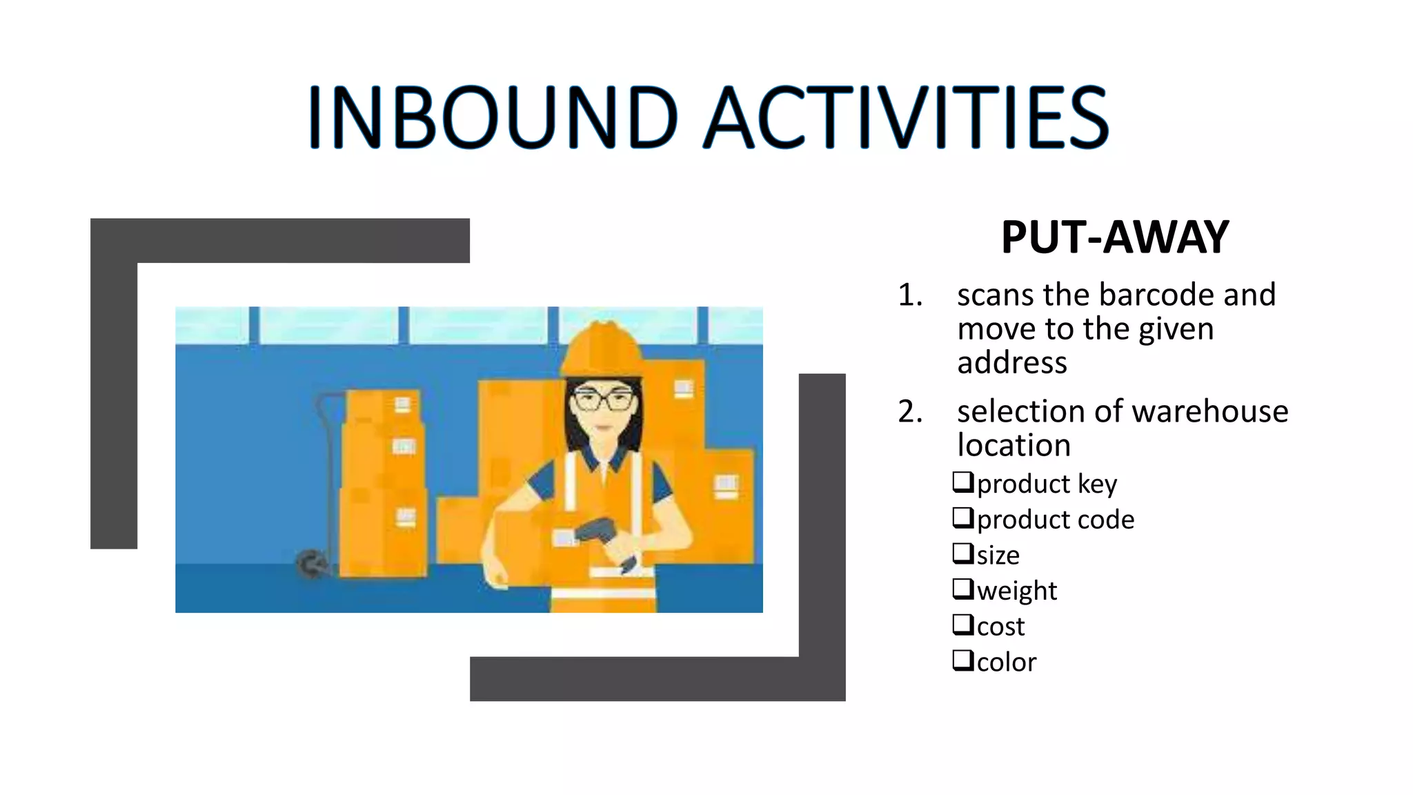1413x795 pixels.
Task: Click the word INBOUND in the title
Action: point(491,117)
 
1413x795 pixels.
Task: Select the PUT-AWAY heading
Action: point(1115,237)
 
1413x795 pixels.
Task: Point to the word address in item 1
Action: point(1011,362)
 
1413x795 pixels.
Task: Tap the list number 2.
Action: point(909,412)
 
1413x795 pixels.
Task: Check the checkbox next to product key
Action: point(962,482)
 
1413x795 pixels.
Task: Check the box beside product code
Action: point(962,518)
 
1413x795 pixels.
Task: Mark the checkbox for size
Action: point(962,553)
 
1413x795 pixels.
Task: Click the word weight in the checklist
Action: point(1017,591)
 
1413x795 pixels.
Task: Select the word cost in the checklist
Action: point(1000,627)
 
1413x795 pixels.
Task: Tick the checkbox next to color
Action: point(962,660)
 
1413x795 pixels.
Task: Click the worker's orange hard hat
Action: point(602,349)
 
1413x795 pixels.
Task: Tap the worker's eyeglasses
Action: point(603,400)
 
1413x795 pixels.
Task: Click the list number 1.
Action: point(909,295)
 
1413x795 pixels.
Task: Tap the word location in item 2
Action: point(1014,446)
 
